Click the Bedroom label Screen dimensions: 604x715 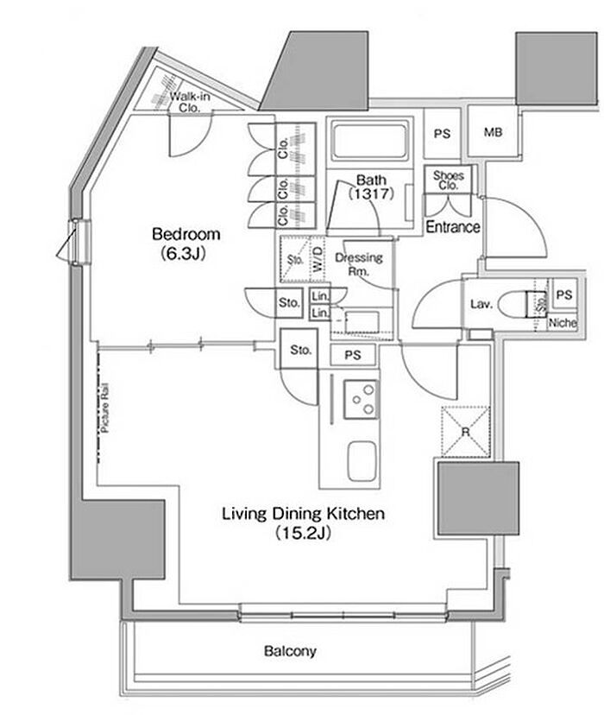[x=186, y=234]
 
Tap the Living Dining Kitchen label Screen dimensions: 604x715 [x=304, y=514]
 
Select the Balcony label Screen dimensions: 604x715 [x=290, y=651]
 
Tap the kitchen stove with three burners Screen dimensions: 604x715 [x=361, y=400]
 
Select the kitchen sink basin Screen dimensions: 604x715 [x=362, y=460]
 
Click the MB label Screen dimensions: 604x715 [x=493, y=132]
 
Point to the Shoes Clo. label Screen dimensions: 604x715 [x=449, y=180]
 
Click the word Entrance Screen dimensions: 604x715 [x=453, y=226]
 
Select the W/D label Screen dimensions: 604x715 [x=318, y=259]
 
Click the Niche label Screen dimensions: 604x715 [x=563, y=323]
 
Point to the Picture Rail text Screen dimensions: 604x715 [x=105, y=408]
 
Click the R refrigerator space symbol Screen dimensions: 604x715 [x=466, y=432]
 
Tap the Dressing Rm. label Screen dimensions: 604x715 [x=358, y=264]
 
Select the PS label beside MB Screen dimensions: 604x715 [x=442, y=134]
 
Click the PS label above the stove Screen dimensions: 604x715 [x=353, y=355]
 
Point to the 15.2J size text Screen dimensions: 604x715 [x=303, y=533]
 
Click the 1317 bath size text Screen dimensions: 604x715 [x=371, y=194]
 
